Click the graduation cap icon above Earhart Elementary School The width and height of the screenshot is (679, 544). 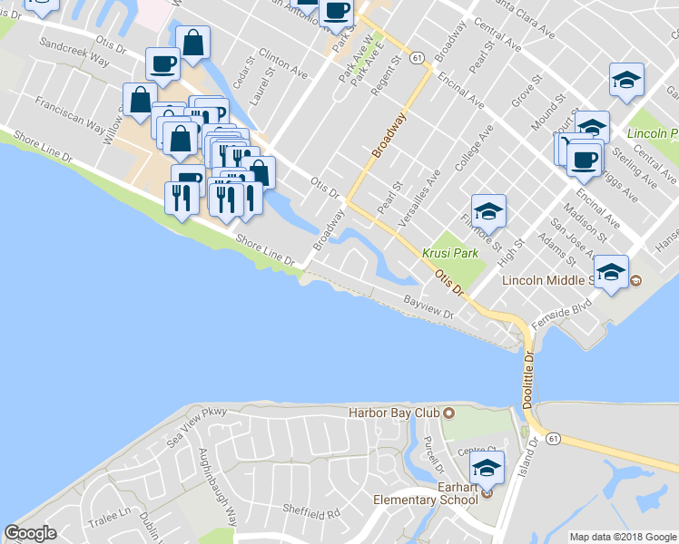[x=487, y=469]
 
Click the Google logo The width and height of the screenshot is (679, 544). [x=31, y=533]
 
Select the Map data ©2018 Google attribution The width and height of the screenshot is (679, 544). [x=623, y=537]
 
